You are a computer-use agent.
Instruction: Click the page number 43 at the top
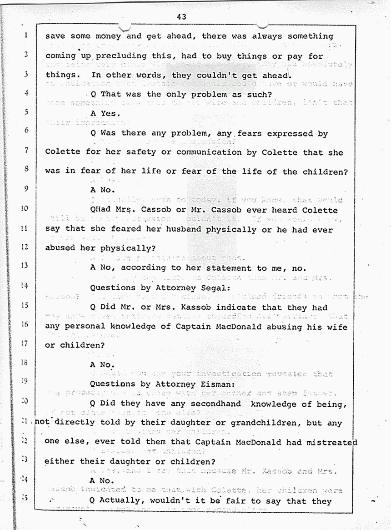pyautogui.click(x=182, y=17)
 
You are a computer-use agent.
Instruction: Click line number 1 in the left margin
pyautogui.click(x=26, y=35)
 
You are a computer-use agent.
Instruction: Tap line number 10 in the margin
pyautogui.click(x=25, y=209)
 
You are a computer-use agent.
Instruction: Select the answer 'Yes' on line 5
pyautogui.click(x=108, y=114)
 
